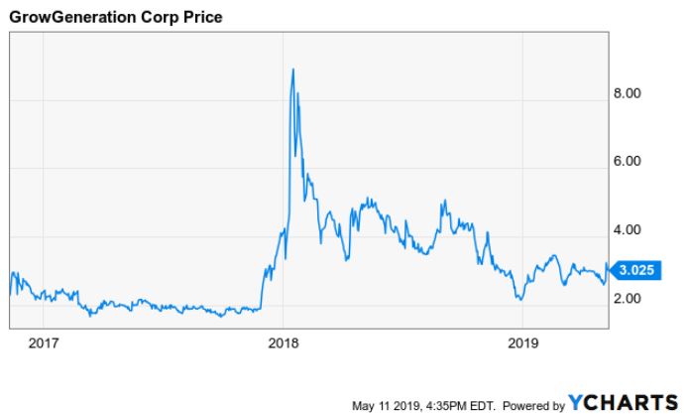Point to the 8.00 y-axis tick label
630,93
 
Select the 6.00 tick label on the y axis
630,162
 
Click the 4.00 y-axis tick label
630,230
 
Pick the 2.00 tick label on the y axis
630,299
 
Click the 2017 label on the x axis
44,344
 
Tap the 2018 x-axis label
284,344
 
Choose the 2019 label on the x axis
523,344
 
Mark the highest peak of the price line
292,69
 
